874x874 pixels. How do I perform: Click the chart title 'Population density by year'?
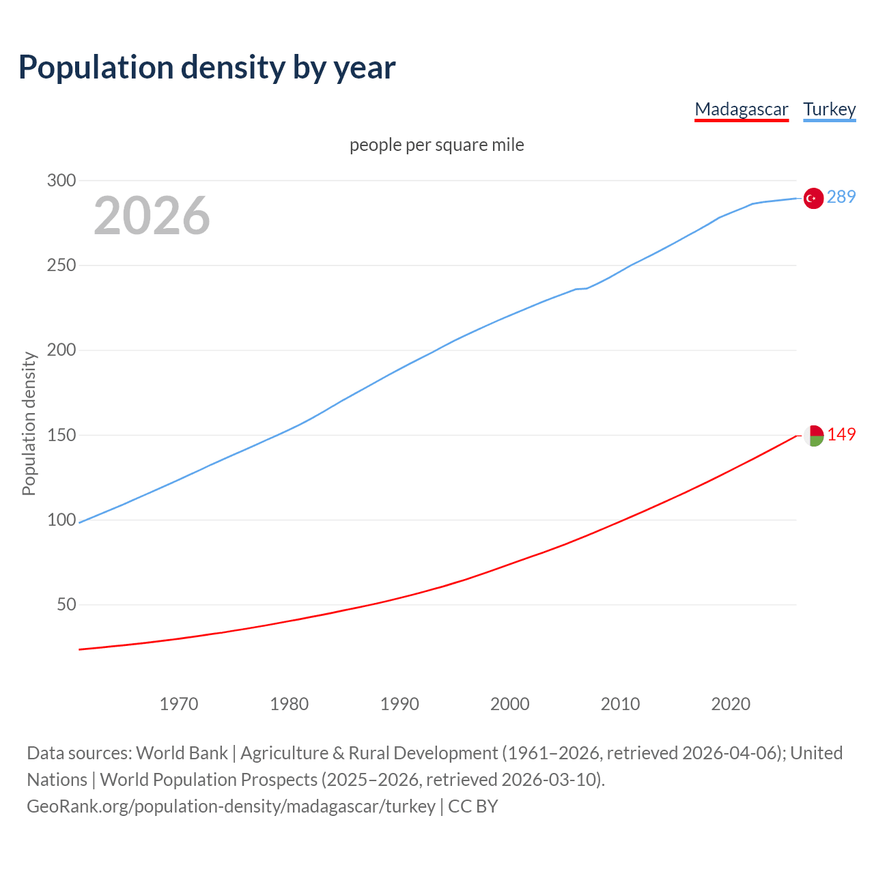point(207,67)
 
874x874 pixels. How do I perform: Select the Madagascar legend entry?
point(742,109)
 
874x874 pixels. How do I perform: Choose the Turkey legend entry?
point(830,109)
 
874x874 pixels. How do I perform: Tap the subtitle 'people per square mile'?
point(437,145)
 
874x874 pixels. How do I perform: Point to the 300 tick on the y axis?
point(61,181)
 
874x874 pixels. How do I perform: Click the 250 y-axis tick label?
point(61,266)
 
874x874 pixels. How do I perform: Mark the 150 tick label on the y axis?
point(61,435)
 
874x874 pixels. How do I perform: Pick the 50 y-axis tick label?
point(66,605)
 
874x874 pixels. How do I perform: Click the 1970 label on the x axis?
point(179,704)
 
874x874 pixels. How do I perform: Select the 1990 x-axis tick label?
point(399,704)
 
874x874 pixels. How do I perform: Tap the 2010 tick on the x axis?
point(620,704)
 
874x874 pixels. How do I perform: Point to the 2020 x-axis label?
point(731,704)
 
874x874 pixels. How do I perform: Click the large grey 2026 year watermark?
point(152,216)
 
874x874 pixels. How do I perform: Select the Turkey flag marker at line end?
point(813,198)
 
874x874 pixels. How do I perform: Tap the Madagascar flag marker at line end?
point(813,436)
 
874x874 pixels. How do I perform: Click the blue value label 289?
point(841,197)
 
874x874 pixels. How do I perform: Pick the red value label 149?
point(841,435)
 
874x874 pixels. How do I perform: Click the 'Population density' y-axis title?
point(29,423)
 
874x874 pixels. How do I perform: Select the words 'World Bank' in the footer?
point(182,753)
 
